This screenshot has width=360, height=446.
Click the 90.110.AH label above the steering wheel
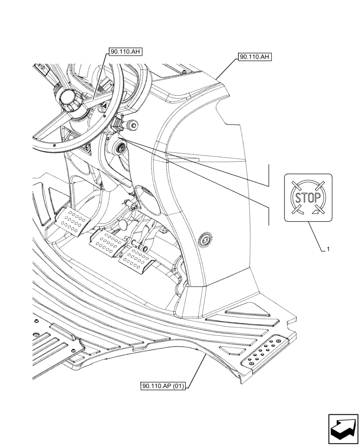tap(124, 52)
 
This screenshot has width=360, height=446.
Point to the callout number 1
tap(328, 249)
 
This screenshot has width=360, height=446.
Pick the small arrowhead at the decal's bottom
tap(317, 212)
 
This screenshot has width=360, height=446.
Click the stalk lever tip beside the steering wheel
tap(132, 126)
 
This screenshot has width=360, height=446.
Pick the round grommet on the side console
tap(205, 240)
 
